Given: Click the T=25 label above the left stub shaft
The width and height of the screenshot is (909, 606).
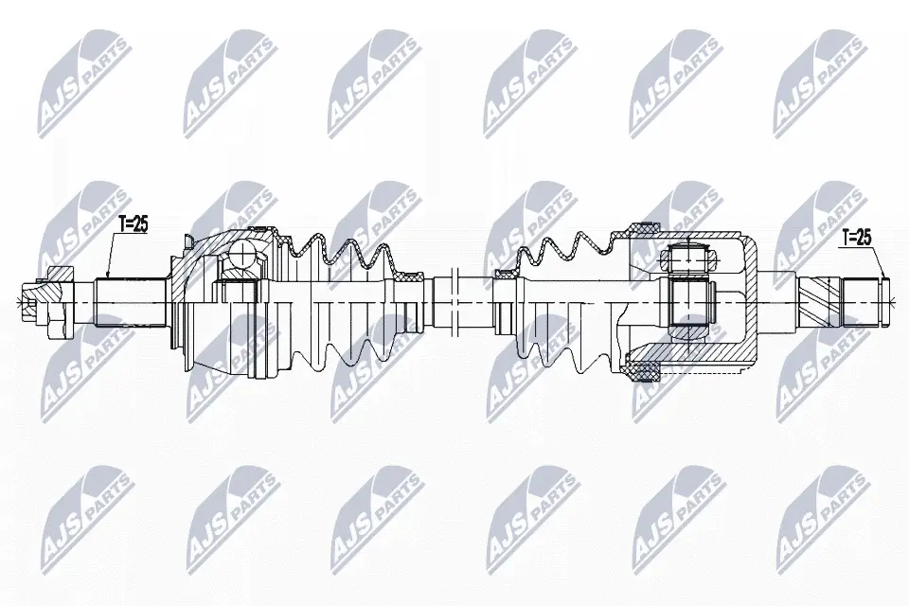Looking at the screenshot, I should pos(133,224).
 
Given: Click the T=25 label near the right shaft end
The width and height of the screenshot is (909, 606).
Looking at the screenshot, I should pos(856,239).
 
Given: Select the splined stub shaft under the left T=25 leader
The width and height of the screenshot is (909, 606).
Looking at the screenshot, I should pos(130,298).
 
